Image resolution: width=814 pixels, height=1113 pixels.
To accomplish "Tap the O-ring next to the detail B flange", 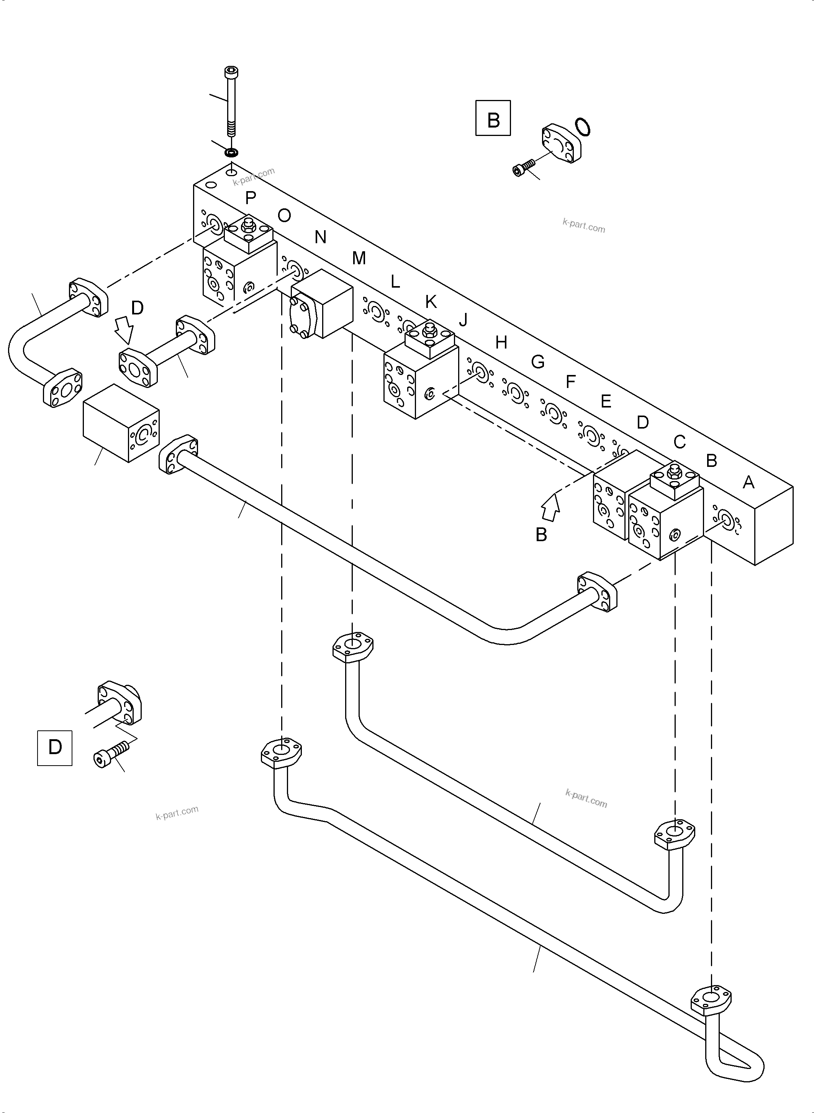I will (x=582, y=127).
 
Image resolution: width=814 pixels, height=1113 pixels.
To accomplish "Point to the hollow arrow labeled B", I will (x=550, y=507).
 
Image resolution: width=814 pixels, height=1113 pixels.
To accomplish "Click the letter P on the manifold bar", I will (x=250, y=198).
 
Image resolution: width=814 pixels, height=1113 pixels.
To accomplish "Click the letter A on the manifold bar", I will (x=748, y=482).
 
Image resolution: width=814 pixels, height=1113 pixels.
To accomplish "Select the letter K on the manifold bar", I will (x=431, y=301).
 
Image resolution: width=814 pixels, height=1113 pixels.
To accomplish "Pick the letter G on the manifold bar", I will (x=537, y=362).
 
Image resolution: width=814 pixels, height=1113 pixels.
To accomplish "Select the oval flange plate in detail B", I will (x=562, y=145).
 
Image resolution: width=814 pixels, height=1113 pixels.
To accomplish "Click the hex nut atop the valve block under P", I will (x=248, y=224).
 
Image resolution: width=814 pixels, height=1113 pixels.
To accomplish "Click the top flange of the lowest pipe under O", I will (x=281, y=753).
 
